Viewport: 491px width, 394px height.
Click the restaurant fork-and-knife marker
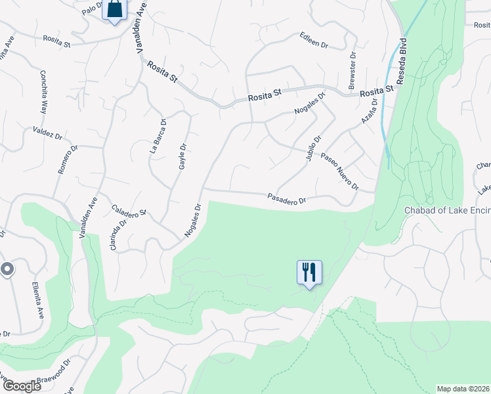(x=309, y=271)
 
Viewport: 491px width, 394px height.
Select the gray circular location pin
(x=7, y=269)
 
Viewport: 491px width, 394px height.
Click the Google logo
(x=21, y=386)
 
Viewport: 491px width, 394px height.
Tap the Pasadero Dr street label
(x=287, y=198)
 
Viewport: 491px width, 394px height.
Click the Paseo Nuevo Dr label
(x=339, y=172)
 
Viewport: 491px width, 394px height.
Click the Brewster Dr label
(x=352, y=70)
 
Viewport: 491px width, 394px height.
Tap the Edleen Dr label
(x=313, y=39)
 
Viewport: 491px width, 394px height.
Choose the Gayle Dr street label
(x=183, y=157)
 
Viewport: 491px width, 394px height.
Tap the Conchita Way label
(x=43, y=92)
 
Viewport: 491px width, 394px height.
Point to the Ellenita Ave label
(x=37, y=299)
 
